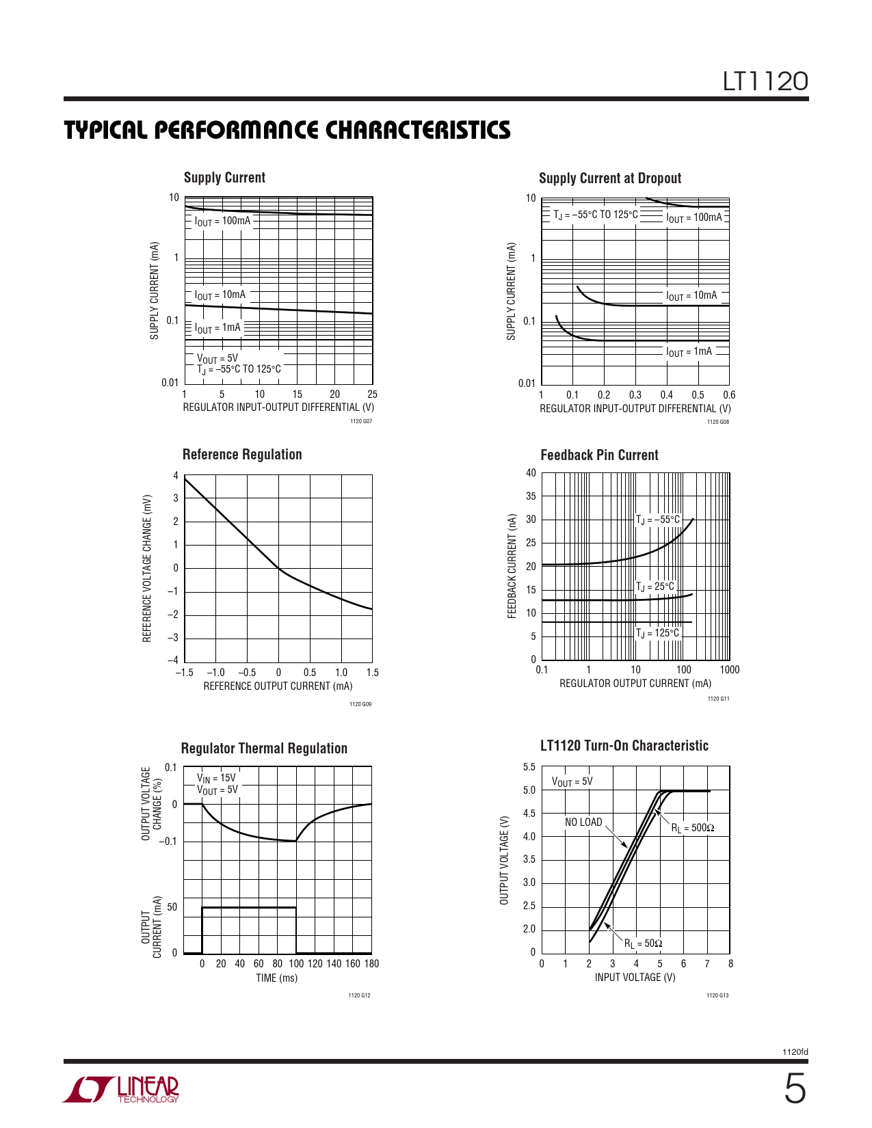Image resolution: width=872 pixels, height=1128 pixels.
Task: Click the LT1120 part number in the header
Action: point(765,82)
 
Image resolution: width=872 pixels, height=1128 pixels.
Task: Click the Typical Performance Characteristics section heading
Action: point(287,131)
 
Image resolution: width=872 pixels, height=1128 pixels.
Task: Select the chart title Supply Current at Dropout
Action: point(609,178)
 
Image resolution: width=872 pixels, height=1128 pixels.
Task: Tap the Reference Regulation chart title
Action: point(242,455)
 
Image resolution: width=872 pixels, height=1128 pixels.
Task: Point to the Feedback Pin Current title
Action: point(599,455)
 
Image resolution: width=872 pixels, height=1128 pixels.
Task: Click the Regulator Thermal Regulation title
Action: point(264,749)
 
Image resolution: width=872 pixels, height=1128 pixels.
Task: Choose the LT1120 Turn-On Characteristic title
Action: point(624,746)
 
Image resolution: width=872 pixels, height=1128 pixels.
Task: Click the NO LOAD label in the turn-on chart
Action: point(583,822)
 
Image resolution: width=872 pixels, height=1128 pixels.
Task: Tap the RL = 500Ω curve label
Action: point(692,828)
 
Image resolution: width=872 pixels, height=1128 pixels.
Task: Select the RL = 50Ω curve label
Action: point(643,943)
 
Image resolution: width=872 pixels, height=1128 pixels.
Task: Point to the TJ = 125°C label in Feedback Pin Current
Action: point(658,633)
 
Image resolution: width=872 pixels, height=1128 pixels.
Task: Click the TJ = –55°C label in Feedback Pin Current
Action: point(658,520)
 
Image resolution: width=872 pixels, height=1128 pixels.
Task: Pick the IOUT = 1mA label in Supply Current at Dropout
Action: point(689,352)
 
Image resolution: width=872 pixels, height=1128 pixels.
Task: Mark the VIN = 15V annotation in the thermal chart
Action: point(216,778)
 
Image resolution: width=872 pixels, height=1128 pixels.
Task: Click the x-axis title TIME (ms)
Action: point(276,978)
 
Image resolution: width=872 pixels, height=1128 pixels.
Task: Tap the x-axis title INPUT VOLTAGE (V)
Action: point(635,978)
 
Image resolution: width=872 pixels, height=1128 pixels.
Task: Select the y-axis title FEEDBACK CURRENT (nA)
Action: point(512,567)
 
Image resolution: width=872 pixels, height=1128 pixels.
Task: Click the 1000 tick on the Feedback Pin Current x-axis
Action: point(729,670)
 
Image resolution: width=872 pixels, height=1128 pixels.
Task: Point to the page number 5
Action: point(794,1089)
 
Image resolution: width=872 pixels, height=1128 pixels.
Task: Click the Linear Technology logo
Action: point(121,1090)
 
